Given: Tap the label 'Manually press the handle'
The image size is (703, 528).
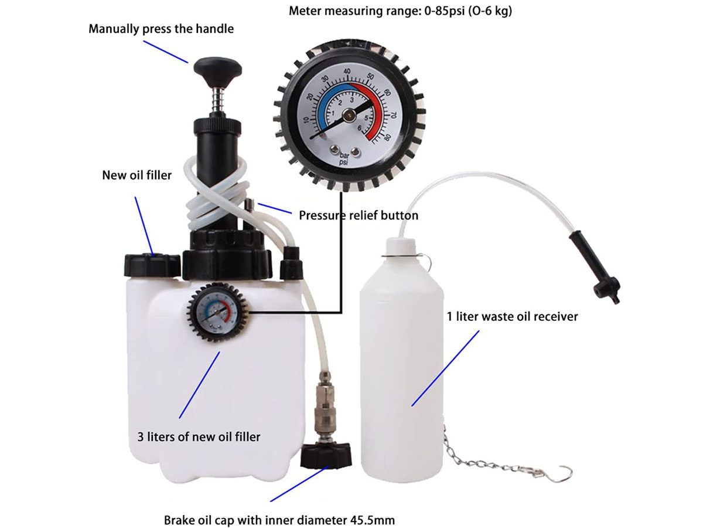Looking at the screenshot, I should tap(161, 29).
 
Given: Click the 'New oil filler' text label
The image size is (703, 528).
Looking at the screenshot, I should tap(137, 175).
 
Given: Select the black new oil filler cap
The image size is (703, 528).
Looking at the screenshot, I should tap(152, 265).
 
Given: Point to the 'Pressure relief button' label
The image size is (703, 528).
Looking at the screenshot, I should tap(359, 215).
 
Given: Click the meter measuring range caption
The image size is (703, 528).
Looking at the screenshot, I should tap(401, 11).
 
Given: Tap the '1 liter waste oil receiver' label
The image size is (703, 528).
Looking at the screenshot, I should tap(512, 317).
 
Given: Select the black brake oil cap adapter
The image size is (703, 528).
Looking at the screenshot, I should tap(326, 455).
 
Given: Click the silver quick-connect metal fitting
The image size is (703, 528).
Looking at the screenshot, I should tap(323, 411).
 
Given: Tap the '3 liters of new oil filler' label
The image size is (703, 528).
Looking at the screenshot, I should tap(198, 436).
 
